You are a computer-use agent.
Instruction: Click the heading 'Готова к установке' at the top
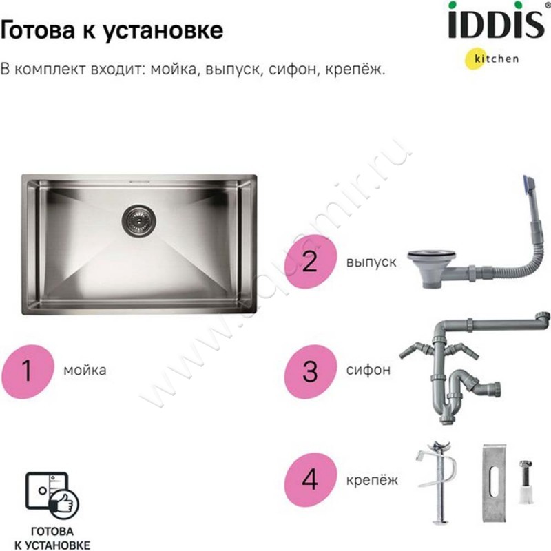click(x=112, y=30)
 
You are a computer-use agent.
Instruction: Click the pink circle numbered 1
click(x=28, y=371)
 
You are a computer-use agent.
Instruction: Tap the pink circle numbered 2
click(x=311, y=262)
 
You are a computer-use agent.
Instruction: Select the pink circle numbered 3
click(x=311, y=371)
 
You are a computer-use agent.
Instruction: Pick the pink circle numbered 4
click(x=311, y=479)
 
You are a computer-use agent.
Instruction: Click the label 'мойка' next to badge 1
click(x=85, y=371)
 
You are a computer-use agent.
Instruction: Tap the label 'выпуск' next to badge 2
click(x=371, y=262)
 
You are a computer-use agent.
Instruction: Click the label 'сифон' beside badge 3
click(x=368, y=370)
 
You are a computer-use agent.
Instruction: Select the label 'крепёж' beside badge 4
click(x=372, y=479)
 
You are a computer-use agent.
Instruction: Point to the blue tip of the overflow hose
click(x=528, y=185)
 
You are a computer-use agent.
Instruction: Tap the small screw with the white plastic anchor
click(x=526, y=481)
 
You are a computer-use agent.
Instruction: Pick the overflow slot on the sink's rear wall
click(x=140, y=182)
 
